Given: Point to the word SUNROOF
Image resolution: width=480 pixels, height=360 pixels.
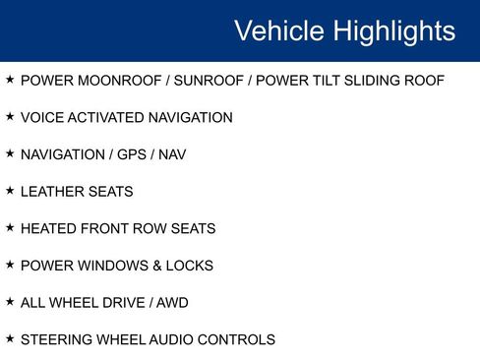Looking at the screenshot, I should point(204,81).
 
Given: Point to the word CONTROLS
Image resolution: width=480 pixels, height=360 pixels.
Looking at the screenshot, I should point(241,340).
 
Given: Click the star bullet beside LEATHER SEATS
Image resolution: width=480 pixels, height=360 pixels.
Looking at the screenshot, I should point(10,191).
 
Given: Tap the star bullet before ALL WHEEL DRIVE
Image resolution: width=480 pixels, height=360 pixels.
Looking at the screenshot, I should point(10,302).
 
